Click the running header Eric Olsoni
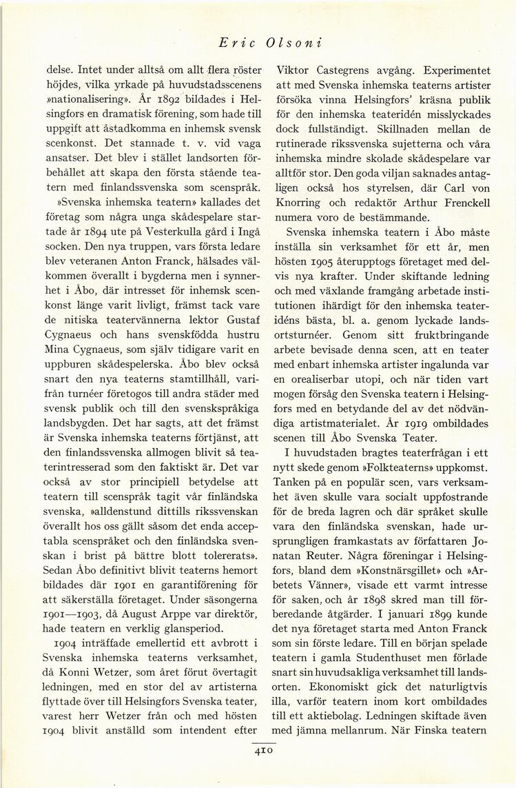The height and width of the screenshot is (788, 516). tap(271, 42)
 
